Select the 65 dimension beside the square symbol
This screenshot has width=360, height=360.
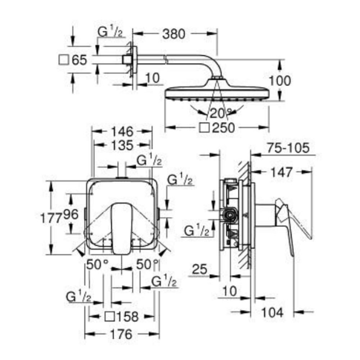(x=79, y=60)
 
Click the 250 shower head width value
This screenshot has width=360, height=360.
(x=224, y=127)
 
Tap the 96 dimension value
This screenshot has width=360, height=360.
(x=71, y=215)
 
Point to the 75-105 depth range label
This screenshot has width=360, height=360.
(x=288, y=148)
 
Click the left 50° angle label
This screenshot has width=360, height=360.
(x=97, y=265)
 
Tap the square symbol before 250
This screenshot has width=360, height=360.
(x=205, y=127)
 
